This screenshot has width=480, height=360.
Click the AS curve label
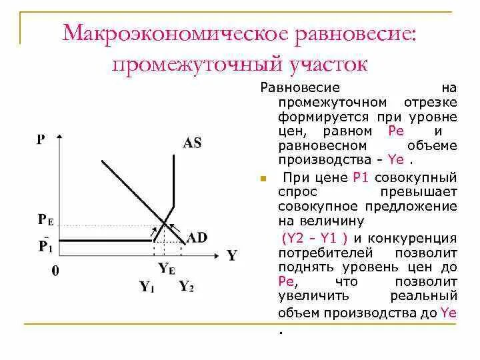191,142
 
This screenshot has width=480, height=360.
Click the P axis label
41,139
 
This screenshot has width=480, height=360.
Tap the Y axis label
231,255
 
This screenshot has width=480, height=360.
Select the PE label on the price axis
45,219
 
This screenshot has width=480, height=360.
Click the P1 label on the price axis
45,245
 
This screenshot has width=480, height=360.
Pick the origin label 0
55,271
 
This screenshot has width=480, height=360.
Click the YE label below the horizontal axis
166,269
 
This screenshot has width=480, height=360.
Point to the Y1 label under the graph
147,287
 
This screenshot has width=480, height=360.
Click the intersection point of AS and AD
165,223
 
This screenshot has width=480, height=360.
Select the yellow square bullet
263,179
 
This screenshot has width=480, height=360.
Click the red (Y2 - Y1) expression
316,238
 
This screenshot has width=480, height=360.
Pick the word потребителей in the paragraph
317,253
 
